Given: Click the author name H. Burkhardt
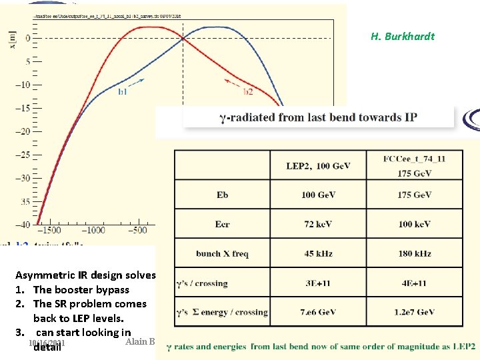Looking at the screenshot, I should (402, 37).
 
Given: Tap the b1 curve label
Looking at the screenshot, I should (123, 91).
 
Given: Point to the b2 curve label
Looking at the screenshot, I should (247, 91).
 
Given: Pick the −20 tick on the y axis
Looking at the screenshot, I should (23, 131).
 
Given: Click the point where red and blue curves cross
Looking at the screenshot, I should (182, 38).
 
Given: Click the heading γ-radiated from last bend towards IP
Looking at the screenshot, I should (318, 118).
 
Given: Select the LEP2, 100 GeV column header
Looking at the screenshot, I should (318, 165).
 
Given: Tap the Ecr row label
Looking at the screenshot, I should (222, 224).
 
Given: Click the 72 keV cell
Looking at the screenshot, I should (318, 224).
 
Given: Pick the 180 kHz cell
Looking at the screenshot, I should (414, 253).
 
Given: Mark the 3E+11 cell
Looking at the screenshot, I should (318, 283).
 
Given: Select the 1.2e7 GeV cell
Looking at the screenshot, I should (414, 312).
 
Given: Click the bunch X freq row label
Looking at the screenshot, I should (222, 253).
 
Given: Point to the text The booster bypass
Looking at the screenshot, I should (81, 289).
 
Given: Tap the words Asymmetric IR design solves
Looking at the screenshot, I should (85, 275).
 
